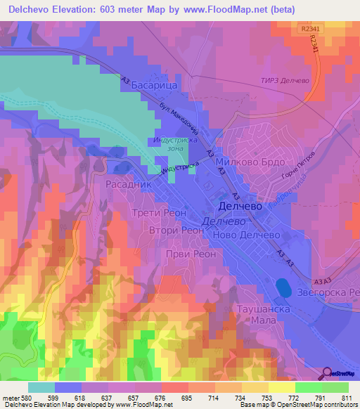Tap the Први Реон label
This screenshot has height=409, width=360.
191,254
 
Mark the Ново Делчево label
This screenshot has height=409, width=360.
245,235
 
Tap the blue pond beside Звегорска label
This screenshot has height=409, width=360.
283,287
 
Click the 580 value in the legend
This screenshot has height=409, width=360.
24,398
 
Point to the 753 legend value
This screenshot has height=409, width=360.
268,398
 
